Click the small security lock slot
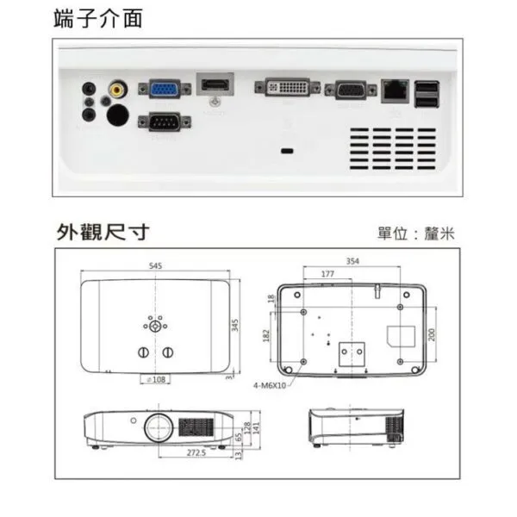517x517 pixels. [x=287, y=152]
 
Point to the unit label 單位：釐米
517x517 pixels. [x=414, y=233]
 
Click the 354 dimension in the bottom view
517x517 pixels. [x=352, y=260]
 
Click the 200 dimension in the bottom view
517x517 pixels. [x=432, y=333]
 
